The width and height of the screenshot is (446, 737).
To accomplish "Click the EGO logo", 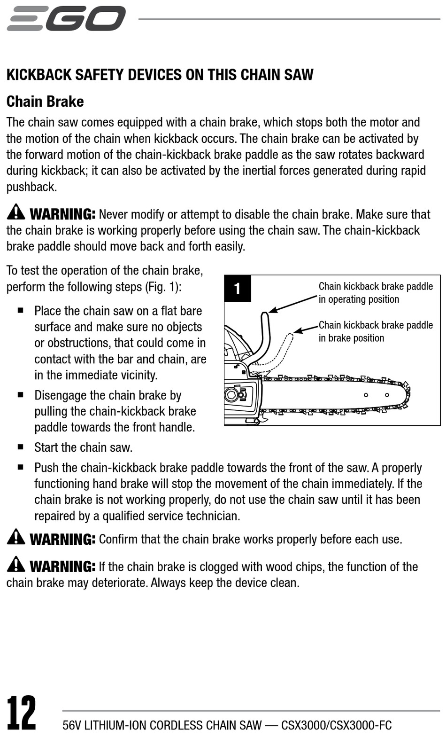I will click(66, 19).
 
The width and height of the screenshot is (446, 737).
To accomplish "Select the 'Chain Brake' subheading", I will click(45, 102).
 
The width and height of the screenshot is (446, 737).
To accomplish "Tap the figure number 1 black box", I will click(238, 288).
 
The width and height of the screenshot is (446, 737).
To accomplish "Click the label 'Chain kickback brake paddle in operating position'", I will click(376, 293).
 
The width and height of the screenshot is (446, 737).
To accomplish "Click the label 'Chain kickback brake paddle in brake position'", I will click(376, 331).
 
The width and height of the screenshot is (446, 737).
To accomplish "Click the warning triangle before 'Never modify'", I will click(16, 212).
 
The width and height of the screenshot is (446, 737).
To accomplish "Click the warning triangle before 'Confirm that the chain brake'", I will click(16, 537).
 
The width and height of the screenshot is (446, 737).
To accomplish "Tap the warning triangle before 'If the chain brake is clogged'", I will click(16, 565).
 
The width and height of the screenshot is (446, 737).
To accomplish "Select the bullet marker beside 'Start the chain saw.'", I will click(21, 447).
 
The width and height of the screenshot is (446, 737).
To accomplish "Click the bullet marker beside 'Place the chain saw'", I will click(21, 310).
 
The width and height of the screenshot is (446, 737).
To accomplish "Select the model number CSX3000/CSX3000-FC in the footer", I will click(336, 725).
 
